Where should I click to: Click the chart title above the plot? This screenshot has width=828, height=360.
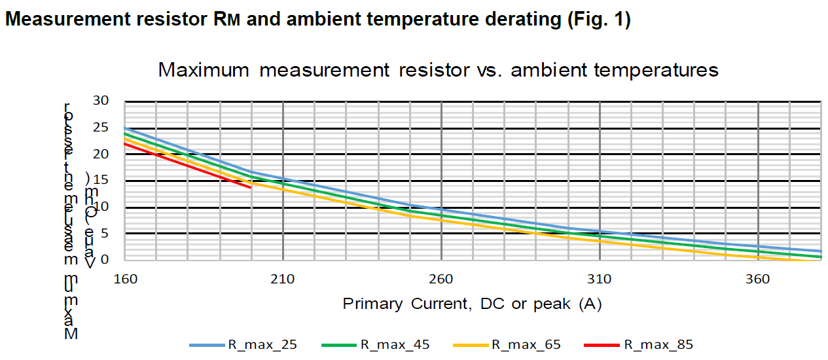[x=438, y=70]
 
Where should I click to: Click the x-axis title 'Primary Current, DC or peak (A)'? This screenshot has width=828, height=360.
[x=472, y=304]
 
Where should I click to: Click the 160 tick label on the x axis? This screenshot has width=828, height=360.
[x=124, y=278]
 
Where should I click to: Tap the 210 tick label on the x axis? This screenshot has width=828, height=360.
[x=283, y=278]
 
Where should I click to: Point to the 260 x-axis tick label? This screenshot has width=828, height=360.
[x=441, y=278]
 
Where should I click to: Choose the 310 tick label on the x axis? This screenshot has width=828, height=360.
[x=600, y=278]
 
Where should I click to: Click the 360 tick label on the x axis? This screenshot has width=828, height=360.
[x=758, y=278]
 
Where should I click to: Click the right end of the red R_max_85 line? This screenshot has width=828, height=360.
[x=251, y=187]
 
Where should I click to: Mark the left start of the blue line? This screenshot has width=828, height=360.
[x=125, y=128]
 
